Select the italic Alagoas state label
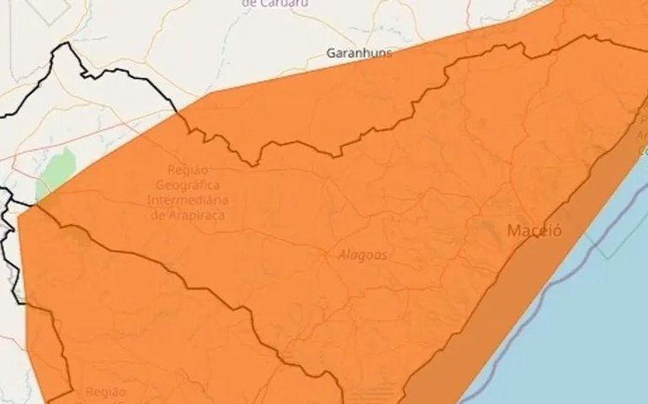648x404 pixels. [363, 254]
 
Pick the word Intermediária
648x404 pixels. [188, 199]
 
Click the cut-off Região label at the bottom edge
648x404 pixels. [105, 393]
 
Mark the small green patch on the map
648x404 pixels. [56, 172]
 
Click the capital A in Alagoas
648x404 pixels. [343, 254]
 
